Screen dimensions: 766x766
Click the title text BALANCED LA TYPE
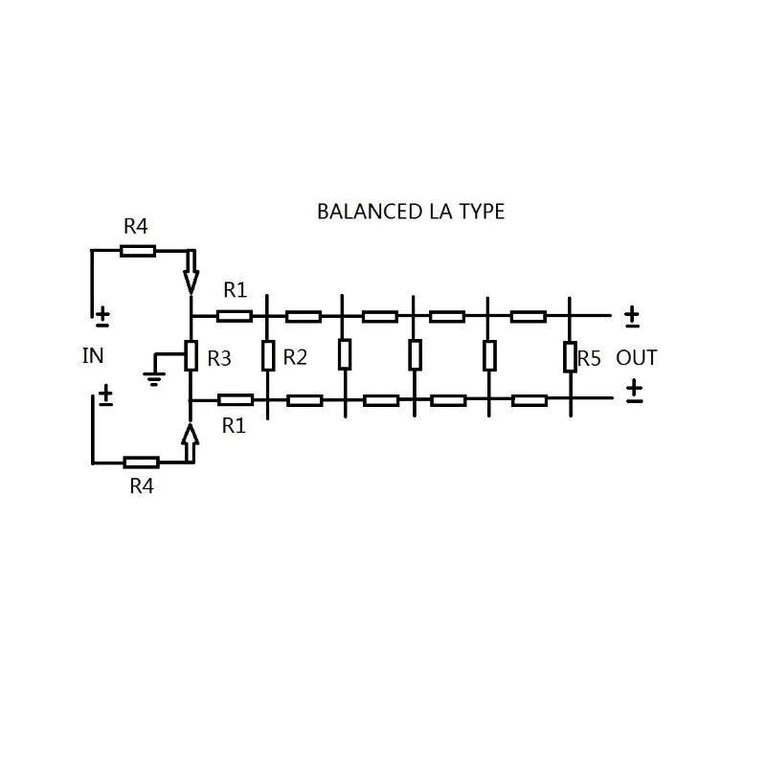411,212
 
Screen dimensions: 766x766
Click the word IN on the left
93,355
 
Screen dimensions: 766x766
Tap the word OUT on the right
636,357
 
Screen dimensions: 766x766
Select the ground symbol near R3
154,378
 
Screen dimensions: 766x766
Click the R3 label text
219,358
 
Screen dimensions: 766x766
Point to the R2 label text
295,357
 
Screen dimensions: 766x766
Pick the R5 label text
589,358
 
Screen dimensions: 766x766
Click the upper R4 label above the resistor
135,226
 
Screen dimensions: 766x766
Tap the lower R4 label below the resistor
142,486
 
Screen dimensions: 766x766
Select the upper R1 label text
236,290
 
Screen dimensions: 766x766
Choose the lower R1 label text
234,426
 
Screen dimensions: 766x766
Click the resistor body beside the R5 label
570,357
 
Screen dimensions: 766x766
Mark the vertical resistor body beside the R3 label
191,355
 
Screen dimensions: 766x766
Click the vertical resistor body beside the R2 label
267,355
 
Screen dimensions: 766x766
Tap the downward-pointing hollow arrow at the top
191,272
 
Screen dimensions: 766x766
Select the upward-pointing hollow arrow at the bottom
190,442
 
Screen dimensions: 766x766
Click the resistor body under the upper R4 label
138,251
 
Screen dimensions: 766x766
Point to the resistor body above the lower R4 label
141,462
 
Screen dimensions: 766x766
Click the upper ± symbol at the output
632,317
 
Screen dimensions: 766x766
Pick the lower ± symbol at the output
634,391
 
